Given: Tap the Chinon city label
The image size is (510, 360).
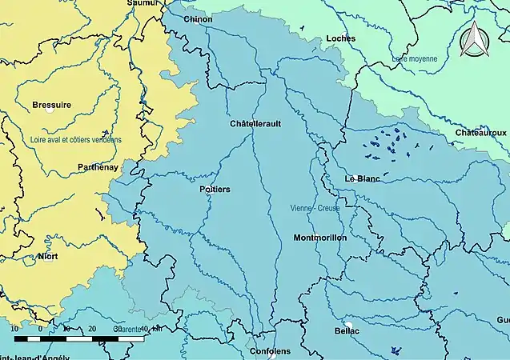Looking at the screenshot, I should click(198, 19).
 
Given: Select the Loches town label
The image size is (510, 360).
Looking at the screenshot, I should click(342, 38).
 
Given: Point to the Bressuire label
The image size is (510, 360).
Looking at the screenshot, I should click(52, 105).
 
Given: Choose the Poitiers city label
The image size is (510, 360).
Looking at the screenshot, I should click(214, 189).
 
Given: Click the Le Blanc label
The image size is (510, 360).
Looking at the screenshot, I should click(362, 178).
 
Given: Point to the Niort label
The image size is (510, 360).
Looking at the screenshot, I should click(47, 257).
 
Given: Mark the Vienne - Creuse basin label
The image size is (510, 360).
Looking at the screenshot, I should click(315, 208).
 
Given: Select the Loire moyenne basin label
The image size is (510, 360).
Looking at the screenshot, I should click(415, 59).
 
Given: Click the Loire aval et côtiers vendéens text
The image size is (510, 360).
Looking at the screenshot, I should click(76, 139).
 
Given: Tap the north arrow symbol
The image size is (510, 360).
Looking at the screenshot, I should click(473, 39).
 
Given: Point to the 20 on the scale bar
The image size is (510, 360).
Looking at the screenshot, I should click(91, 329).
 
